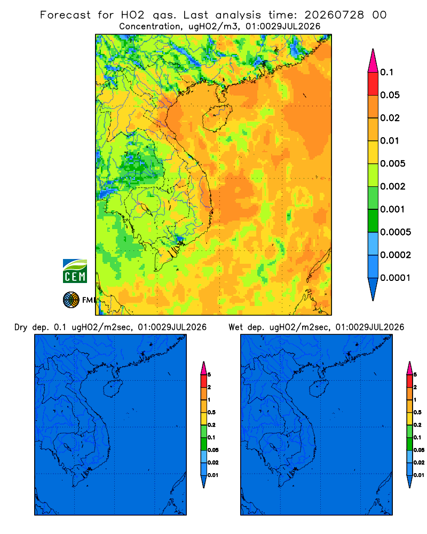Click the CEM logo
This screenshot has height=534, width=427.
[x=75, y=271]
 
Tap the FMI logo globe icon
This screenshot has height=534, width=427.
[x=71, y=300]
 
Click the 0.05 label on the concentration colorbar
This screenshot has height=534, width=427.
[x=390, y=95]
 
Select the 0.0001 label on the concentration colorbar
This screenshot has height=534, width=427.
[x=396, y=278]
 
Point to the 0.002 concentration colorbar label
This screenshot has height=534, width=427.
[x=393, y=186]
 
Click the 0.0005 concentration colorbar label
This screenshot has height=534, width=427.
[x=396, y=232]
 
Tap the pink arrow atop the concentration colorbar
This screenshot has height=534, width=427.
[x=373, y=61]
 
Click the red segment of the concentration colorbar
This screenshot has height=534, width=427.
[x=373, y=84]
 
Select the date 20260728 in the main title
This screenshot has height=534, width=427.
[x=334, y=15]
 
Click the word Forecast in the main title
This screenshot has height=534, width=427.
[x=65, y=15]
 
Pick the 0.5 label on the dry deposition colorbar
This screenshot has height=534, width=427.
[x=211, y=412]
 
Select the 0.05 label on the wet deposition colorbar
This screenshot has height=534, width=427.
[x=419, y=450]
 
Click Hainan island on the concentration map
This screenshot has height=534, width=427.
[x=217, y=118]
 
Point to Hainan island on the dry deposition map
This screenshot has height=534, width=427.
[x=113, y=389]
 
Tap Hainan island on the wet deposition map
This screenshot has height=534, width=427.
[x=319, y=389]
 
